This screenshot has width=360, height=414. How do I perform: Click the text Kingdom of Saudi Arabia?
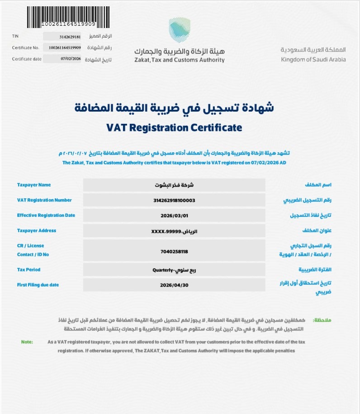(313, 60)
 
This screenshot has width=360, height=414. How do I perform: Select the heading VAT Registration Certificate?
(174, 127)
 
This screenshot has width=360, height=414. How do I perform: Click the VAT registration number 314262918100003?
(174, 200)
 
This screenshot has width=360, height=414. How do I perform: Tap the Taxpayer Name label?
(34, 185)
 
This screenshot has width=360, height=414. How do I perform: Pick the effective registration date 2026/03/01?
(174, 216)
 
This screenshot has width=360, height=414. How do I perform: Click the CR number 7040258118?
(174, 251)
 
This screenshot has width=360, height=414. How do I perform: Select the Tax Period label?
(28, 270)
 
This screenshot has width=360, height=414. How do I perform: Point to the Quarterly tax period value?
(174, 271)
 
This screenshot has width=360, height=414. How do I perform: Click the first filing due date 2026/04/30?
(174, 285)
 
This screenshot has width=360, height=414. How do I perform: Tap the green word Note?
(27, 342)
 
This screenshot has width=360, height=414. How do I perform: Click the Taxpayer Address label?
(37, 231)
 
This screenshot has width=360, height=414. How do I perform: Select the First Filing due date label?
(38, 285)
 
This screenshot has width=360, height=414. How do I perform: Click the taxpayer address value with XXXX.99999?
(174, 231)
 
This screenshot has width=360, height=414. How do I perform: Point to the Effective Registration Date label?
(46, 215)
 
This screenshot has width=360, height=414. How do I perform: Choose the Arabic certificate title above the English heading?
(174, 108)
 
